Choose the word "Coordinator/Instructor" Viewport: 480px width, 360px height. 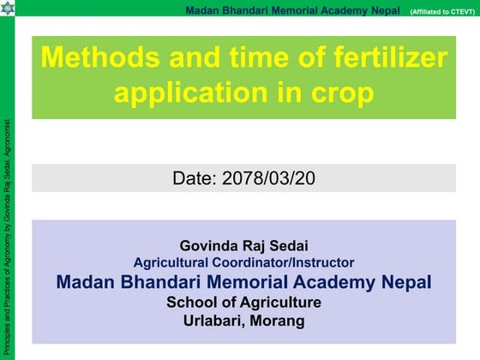(280, 262)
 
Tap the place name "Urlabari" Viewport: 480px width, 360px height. (214, 321)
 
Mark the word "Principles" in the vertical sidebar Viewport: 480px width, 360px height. (8, 337)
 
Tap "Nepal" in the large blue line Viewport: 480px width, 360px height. (401, 282)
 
